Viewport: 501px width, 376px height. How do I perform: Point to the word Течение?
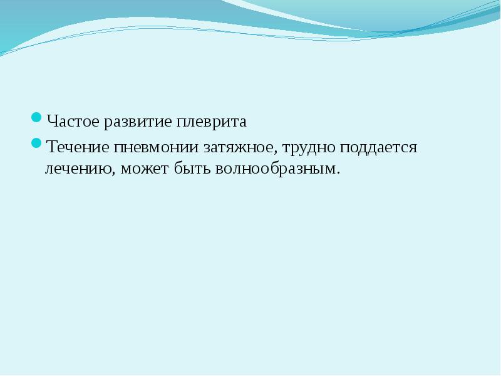[76, 149]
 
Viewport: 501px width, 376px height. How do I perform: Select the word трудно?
[307, 149]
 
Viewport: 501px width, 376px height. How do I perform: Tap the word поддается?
[378, 149]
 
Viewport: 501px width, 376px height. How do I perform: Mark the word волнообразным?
[276, 169]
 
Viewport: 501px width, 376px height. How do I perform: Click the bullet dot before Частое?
[36, 117]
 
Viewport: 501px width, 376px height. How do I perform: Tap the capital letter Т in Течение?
[50, 149]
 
